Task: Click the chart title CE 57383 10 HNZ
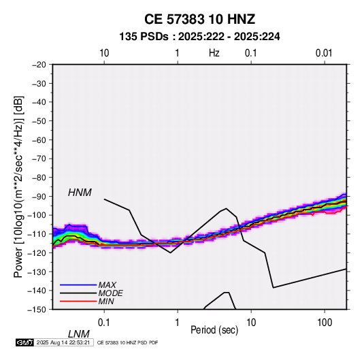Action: point(199,19)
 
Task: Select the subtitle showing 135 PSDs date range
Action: point(199,37)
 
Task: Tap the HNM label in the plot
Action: point(80,193)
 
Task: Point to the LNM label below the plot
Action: point(78,334)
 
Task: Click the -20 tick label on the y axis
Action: point(39,65)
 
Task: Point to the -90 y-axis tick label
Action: point(39,196)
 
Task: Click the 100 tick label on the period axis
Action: point(325,323)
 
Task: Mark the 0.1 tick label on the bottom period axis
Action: point(104,323)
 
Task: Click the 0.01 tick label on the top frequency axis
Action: point(324,53)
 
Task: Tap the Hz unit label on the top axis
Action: point(214,53)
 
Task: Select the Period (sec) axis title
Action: point(214,330)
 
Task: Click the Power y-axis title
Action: point(18,187)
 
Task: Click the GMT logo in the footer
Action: point(25,342)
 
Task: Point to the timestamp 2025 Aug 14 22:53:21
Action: point(63,342)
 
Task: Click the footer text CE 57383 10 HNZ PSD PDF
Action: point(127,342)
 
